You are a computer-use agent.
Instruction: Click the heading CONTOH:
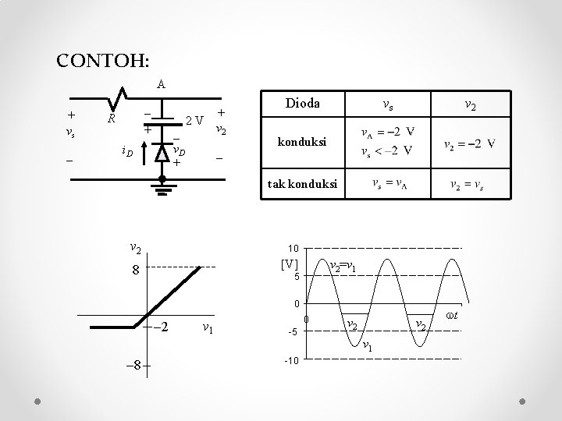point(104,59)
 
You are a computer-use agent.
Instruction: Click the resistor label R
point(112,120)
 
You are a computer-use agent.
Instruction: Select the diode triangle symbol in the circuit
point(160,153)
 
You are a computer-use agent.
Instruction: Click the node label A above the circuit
point(160,83)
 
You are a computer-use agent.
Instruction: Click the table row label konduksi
point(301,143)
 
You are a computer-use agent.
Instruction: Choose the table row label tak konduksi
point(302,185)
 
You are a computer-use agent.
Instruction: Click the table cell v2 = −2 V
point(470,143)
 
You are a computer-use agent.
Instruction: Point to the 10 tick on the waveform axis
point(295,247)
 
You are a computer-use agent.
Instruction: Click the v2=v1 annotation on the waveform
point(344,267)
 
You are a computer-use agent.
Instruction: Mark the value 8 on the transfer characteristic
point(135,271)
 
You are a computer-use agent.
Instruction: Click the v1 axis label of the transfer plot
point(208,327)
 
